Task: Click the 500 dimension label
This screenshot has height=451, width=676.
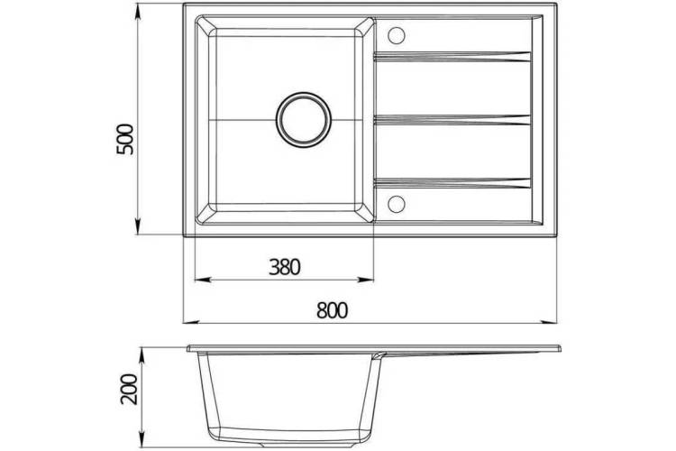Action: [x=126, y=140]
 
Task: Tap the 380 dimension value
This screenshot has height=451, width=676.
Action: [x=285, y=267]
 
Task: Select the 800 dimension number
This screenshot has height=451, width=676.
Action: [x=332, y=310]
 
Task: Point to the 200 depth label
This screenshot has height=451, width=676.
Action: [x=129, y=389]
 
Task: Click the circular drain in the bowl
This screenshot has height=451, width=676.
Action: [x=304, y=119]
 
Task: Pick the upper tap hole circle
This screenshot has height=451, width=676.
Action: [x=396, y=35]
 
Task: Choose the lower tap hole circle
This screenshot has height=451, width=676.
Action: [x=396, y=204]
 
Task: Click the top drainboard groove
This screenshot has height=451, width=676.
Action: [x=452, y=57]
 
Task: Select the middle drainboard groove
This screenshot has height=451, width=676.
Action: [x=452, y=120]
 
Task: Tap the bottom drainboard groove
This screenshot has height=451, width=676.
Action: [x=452, y=183]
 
